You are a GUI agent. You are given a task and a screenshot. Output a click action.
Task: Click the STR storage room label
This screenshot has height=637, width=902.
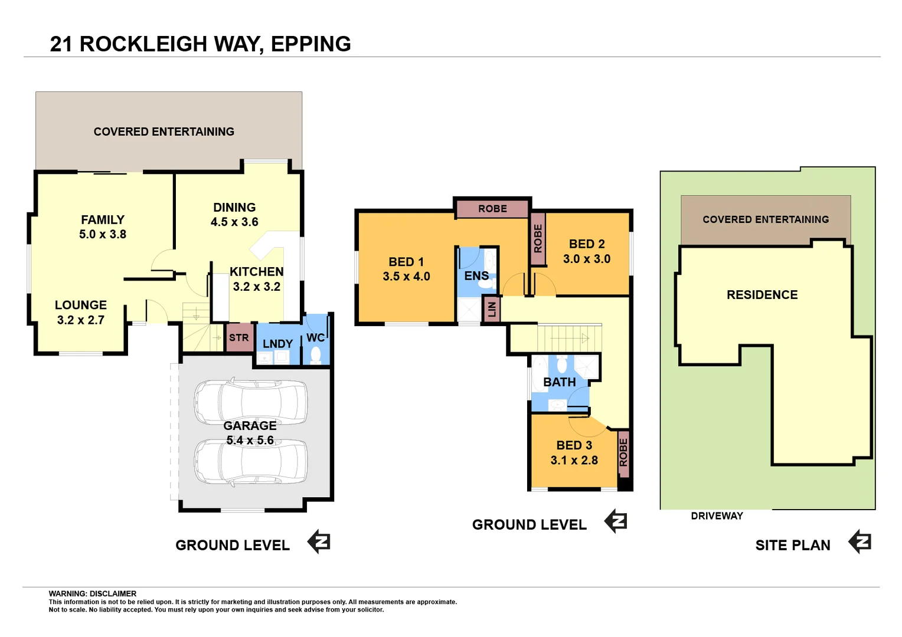[x=239, y=338]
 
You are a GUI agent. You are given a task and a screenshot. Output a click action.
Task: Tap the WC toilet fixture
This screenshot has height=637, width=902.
[x=316, y=354]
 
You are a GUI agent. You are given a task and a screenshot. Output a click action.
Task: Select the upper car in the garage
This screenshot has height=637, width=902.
[x=251, y=402]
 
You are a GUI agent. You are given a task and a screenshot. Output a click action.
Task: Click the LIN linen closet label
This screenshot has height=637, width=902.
[x=492, y=309]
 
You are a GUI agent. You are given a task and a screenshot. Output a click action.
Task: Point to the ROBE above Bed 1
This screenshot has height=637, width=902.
[x=492, y=209]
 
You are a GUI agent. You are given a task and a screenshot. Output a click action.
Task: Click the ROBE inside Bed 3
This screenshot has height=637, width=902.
[x=623, y=453]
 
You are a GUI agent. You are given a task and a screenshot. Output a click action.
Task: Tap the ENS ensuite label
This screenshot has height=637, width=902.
[x=476, y=276]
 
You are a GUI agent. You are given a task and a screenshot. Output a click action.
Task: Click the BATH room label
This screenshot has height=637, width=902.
[x=559, y=382]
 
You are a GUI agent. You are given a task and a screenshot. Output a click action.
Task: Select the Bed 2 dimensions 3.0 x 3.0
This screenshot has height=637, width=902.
[x=586, y=259]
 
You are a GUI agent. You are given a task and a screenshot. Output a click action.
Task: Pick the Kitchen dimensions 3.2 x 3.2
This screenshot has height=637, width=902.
[x=256, y=287]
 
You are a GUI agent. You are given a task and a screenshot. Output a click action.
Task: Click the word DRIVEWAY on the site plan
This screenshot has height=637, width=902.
[x=717, y=516]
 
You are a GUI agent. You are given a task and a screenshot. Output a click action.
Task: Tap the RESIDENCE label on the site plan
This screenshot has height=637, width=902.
[x=762, y=295]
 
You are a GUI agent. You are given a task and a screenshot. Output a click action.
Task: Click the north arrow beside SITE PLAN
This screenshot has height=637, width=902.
[x=859, y=541]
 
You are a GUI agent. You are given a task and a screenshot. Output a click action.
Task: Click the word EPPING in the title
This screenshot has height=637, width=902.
[x=311, y=44]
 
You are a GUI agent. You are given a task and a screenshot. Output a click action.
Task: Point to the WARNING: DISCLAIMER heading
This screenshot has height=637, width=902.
[x=93, y=594]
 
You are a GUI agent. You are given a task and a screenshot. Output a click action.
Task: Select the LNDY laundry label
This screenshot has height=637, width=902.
[x=277, y=344]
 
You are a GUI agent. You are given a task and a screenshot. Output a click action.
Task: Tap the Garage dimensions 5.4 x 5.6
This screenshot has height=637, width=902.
[x=250, y=441]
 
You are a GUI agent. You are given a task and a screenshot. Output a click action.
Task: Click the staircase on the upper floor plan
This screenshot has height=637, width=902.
[x=568, y=339]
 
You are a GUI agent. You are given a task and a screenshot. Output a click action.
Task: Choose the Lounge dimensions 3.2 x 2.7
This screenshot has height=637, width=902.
[x=80, y=320]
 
